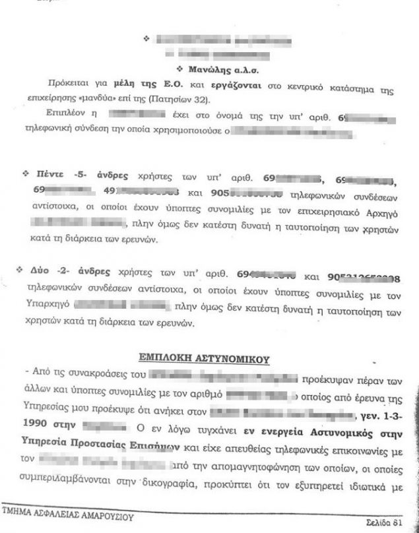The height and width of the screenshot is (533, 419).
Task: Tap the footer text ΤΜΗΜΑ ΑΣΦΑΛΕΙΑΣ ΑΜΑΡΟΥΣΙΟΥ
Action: (67, 517)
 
